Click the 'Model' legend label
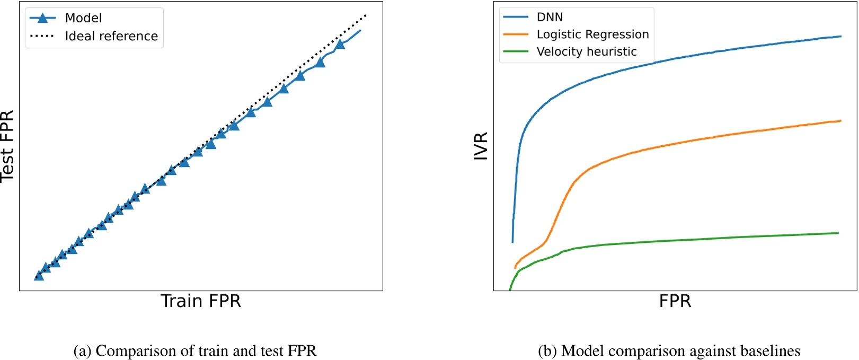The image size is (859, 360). point(83,18)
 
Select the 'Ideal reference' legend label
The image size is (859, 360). point(111,36)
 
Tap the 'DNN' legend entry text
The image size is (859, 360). point(550,17)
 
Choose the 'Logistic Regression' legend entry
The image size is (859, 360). point(592,34)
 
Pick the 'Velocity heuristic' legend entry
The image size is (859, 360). point(587,51)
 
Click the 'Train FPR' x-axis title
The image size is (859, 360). point(201,301)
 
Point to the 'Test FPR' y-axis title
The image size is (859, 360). point(7,146)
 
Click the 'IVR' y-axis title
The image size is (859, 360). point(481,146)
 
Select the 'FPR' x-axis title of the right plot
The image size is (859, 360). point(675,301)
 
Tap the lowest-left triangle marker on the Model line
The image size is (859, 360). point(39,275)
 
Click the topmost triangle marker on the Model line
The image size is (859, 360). point(340,44)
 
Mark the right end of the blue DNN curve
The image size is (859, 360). point(841,37)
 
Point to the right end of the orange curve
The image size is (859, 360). point(841,121)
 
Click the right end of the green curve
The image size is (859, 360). point(838,233)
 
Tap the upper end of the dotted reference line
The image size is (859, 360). point(366,15)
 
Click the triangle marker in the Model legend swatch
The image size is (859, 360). point(42,18)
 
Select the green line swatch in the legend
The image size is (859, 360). point(516,51)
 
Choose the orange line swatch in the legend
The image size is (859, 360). point(516,34)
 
